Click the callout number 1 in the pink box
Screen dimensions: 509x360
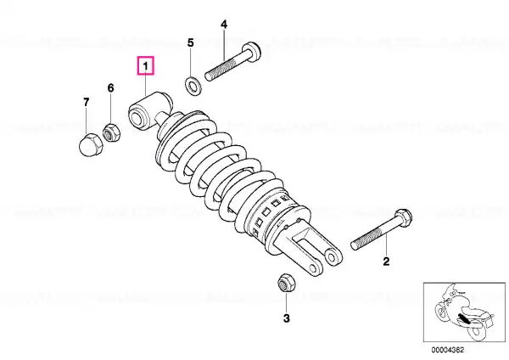[145, 66]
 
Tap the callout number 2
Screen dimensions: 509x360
[386, 262]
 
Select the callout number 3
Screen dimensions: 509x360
[287, 318]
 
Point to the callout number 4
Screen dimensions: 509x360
[224, 24]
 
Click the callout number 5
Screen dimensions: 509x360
[191, 42]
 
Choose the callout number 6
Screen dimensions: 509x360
[110, 87]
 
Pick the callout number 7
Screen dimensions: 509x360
[86, 102]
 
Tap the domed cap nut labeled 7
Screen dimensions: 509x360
[91, 145]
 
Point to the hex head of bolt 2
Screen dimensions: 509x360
[404, 217]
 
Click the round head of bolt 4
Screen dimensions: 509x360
[253, 52]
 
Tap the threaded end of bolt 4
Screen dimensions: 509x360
[215, 72]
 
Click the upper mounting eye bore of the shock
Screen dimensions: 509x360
[136, 117]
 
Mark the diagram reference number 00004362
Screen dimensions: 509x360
[448, 350]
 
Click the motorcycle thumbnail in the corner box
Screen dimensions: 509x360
[464, 312]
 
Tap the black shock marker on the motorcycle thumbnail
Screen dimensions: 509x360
[463, 318]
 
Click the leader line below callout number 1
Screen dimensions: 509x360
[145, 85]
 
